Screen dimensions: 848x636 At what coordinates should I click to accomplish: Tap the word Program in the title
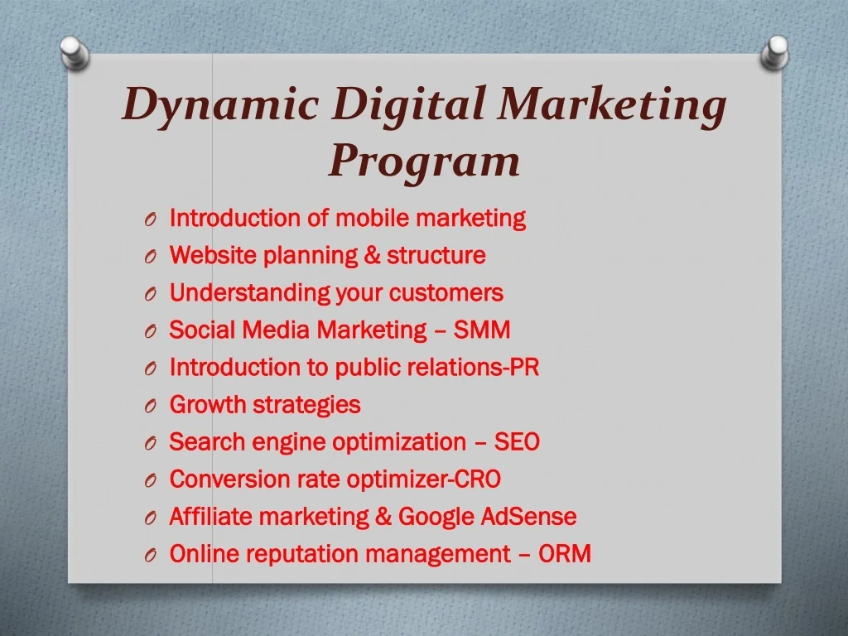tap(425, 162)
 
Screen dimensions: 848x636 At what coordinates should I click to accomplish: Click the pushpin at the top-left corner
tap(75, 53)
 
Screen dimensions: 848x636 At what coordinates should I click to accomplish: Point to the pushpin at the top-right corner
tap(774, 53)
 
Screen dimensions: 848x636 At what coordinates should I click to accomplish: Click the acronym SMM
tap(482, 330)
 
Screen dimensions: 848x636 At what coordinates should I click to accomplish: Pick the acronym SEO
tap(517, 442)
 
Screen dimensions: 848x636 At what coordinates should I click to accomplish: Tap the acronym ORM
tap(564, 554)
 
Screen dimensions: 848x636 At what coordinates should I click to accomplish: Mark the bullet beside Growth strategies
tap(151, 406)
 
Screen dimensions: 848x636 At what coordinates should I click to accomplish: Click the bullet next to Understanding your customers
tap(151, 294)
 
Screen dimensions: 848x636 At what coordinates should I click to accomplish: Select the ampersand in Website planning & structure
tap(372, 255)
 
